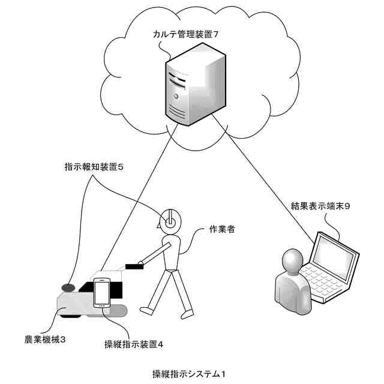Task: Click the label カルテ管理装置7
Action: pyautogui.click(x=185, y=34)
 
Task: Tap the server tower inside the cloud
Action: pyautogui.click(x=195, y=85)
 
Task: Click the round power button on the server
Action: pyautogui.click(x=176, y=96)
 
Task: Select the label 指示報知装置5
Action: pyautogui.click(x=94, y=167)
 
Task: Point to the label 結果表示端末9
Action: pyautogui.click(x=320, y=206)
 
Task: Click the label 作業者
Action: pyautogui.click(x=222, y=229)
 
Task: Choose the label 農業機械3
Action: pyautogui.click(x=45, y=340)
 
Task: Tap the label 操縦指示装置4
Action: pyautogui.click(x=134, y=344)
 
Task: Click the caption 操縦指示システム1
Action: pyautogui.click(x=189, y=374)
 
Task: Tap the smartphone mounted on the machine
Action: pyautogui.click(x=102, y=293)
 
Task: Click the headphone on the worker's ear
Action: pyautogui.click(x=170, y=222)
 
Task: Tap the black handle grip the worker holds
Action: pyautogui.click(x=134, y=266)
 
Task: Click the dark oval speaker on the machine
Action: pyautogui.click(x=68, y=287)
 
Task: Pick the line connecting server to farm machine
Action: pyautogui.click(x=139, y=197)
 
